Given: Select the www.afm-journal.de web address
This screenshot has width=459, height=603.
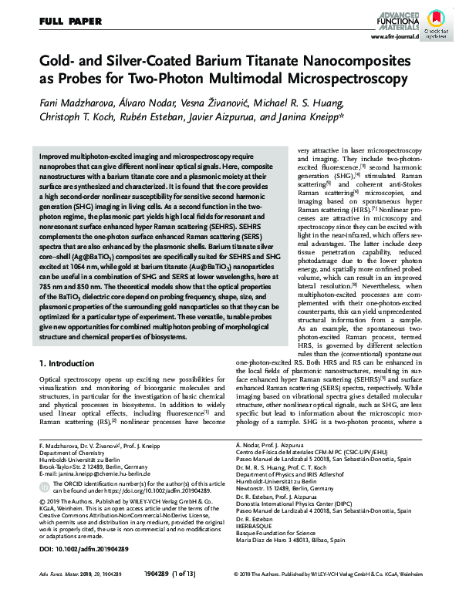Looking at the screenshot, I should coord(394,36).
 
